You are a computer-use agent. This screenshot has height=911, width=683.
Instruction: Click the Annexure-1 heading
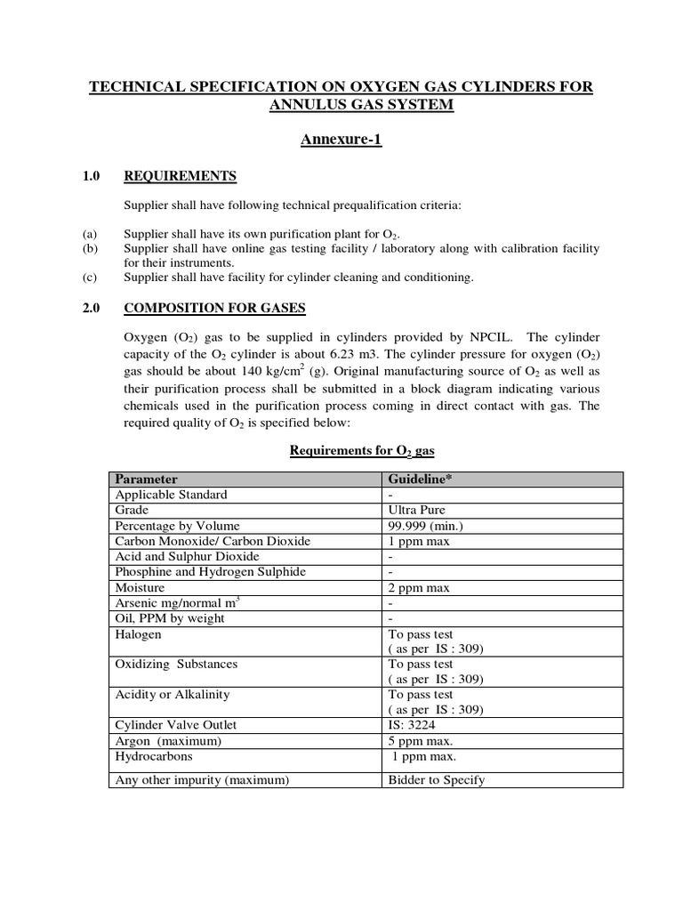(x=341, y=141)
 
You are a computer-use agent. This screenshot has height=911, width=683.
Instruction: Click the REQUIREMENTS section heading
(x=180, y=176)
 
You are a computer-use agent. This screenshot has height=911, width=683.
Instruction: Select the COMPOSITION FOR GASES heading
(x=214, y=308)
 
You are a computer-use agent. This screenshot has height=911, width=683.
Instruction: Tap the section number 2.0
(x=92, y=308)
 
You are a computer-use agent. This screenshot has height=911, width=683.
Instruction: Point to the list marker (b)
(x=90, y=248)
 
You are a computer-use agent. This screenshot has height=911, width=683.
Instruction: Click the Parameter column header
(x=147, y=479)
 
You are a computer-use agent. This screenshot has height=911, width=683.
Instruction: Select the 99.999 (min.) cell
(x=426, y=525)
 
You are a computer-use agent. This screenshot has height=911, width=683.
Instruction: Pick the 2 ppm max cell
(x=419, y=587)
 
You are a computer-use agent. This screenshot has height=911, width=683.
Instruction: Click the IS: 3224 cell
(x=414, y=725)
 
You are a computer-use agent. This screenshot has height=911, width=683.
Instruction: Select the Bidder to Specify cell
(x=437, y=780)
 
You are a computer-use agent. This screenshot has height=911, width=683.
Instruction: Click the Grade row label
(x=131, y=510)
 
